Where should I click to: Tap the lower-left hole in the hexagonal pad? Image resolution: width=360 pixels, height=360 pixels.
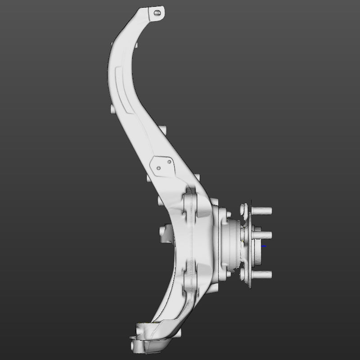[x=158, y=169]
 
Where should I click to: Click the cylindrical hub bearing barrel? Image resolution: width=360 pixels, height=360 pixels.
[x=229, y=243]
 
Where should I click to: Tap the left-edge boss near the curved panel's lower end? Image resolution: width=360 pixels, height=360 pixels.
[x=111, y=109]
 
